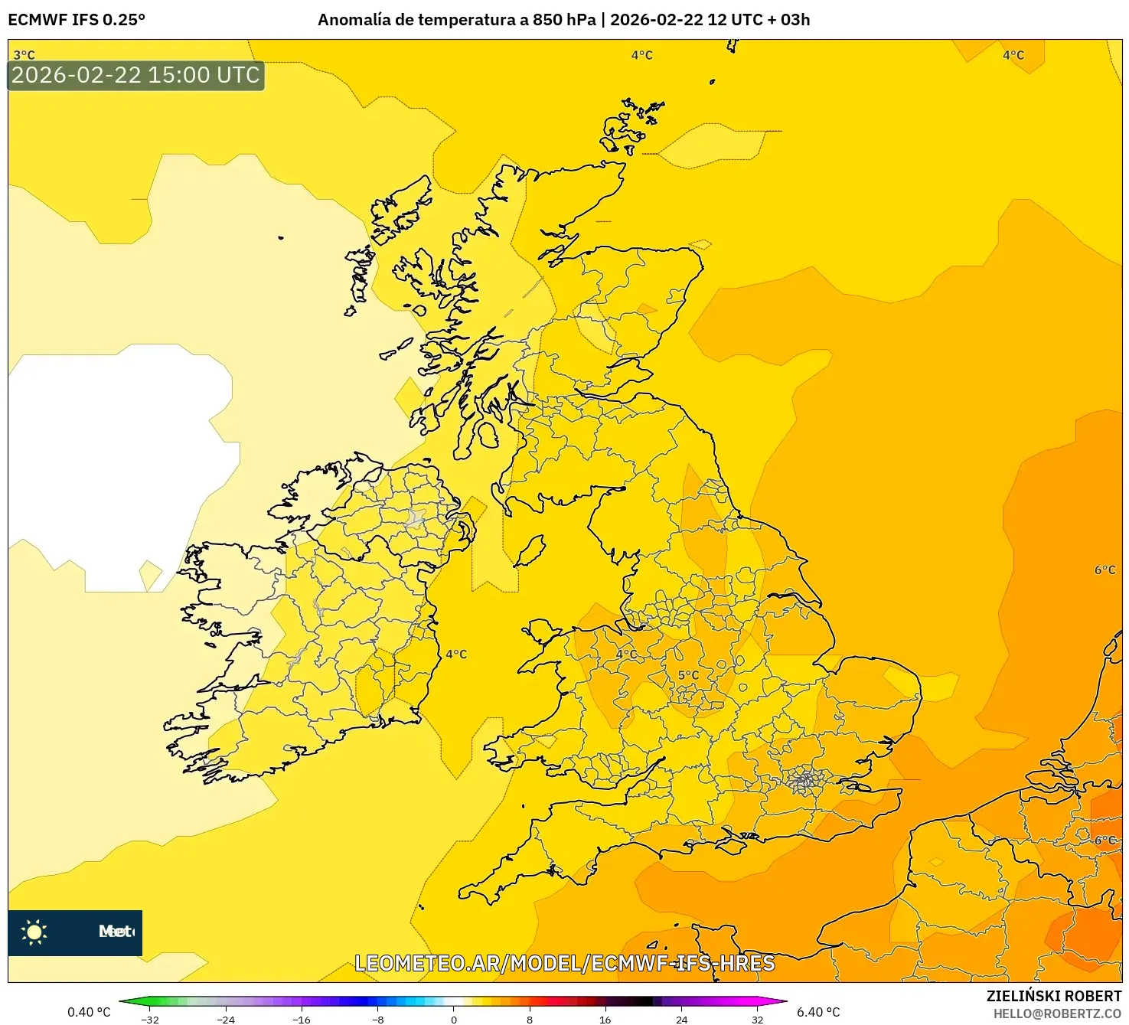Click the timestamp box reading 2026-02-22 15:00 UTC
pos(135,75)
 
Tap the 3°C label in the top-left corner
pos(24,55)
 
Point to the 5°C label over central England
pos(688,675)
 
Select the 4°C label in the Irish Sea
pos(456,654)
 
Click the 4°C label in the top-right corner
pos(1013,55)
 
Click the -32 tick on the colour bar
pos(150,1019)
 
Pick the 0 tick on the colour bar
pos(454,1019)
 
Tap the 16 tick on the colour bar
pos(605,1019)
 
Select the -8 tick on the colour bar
pos(378,1019)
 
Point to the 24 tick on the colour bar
pos(681,1019)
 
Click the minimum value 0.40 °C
pos(89,1012)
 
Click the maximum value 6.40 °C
pos(818,1012)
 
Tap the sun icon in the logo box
pos(34,932)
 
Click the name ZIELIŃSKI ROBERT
pos(1053,996)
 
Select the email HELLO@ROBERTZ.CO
pos(1057,1014)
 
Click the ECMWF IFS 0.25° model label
pos(77,20)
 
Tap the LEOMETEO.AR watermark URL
pos(565,963)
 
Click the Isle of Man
pos(530,550)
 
